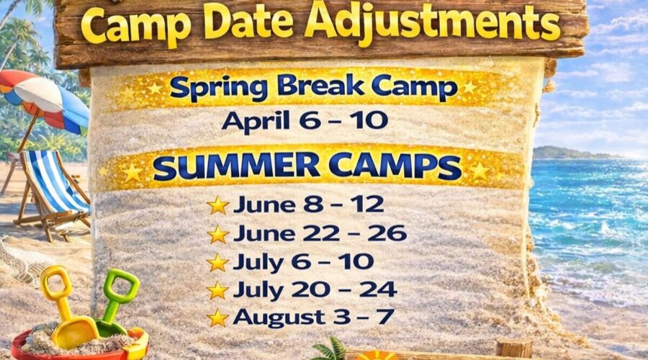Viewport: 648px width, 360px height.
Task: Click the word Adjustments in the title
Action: point(432,23)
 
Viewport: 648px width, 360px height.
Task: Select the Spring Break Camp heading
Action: point(312,88)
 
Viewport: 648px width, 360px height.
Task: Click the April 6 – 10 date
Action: point(305,120)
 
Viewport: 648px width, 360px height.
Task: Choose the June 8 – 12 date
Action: point(308,204)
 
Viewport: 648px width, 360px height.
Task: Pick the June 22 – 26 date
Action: point(320,233)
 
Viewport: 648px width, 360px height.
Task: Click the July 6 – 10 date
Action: point(303,261)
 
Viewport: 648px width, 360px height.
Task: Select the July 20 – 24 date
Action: point(315,289)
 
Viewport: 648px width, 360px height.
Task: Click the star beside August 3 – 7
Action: point(217,318)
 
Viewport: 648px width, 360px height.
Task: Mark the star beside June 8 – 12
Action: point(217,205)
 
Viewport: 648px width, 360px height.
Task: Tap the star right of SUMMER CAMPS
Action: point(479,171)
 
